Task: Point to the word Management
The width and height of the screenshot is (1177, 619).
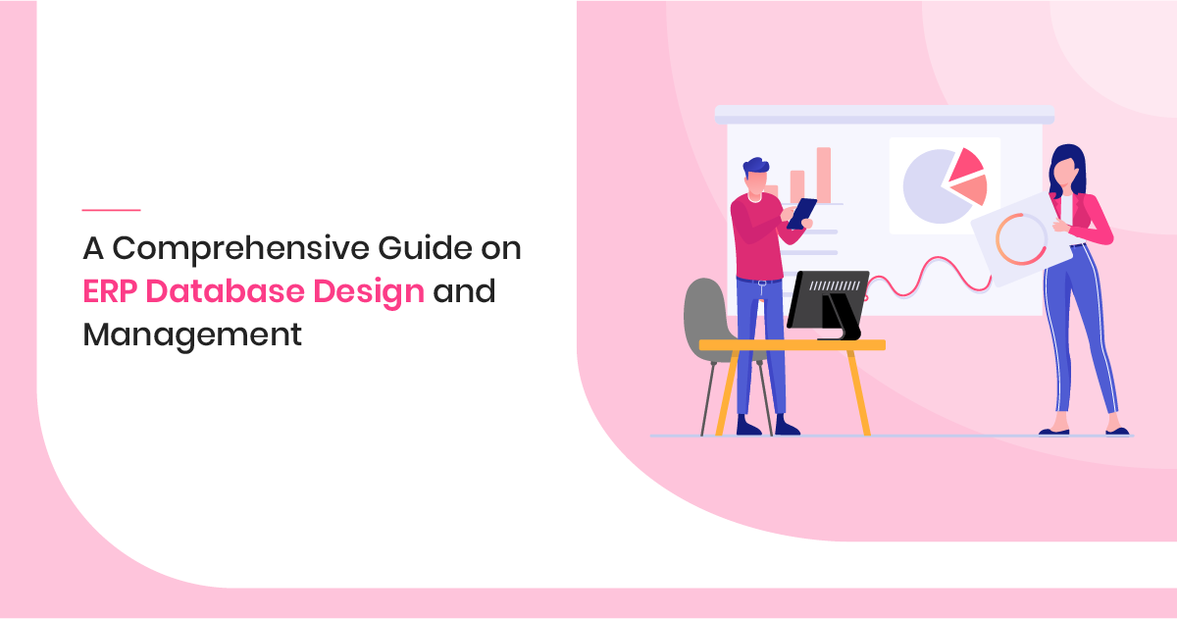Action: pos(191,335)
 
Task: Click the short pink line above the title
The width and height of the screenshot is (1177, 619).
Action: pos(111,210)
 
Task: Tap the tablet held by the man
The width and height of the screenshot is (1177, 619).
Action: pos(801,212)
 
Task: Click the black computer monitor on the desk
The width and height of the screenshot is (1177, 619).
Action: pos(826,298)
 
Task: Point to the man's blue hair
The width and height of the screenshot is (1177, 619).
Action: pos(755,168)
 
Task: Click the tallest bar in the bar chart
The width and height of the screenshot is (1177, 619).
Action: pos(824,175)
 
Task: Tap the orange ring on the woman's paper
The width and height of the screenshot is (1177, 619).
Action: pos(1020,239)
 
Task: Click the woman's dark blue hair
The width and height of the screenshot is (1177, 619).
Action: pos(1068,162)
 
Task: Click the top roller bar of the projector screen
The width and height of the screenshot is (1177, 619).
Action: pos(883,115)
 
